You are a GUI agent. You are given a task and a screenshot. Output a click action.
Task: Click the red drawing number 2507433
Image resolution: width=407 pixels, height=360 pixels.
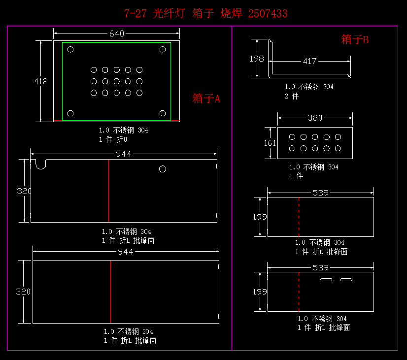268,14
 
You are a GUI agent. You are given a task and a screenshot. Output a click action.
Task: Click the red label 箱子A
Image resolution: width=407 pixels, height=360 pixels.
206,98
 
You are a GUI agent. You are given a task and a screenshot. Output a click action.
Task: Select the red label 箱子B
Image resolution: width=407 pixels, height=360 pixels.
355,40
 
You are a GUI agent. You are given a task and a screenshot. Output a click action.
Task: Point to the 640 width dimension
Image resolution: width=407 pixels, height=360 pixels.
116,33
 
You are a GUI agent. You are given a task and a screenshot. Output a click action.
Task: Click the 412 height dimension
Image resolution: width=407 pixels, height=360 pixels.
41,81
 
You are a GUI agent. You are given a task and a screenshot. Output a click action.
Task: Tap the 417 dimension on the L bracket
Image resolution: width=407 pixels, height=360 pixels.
309,61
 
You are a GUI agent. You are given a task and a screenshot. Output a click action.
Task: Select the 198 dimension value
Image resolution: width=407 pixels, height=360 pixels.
257,59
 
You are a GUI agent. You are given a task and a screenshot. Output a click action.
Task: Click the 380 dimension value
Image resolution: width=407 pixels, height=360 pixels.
315,118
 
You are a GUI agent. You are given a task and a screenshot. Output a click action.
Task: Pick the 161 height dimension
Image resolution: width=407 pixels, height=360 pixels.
270,143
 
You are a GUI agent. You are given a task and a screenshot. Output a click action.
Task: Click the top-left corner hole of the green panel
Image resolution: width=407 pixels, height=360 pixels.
70,49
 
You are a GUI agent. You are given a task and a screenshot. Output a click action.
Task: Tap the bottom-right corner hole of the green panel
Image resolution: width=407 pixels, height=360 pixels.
163,113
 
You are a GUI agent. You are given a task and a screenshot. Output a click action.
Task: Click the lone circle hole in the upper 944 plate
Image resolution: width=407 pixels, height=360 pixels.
163,169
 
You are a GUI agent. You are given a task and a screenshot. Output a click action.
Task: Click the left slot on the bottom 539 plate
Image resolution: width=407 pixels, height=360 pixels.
327,280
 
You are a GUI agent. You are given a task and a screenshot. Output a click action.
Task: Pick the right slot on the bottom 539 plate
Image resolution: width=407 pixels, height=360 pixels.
346,280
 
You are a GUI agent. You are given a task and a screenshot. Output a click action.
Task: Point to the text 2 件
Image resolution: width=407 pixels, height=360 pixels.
292,96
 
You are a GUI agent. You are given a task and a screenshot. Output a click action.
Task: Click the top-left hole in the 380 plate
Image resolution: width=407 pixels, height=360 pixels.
292,137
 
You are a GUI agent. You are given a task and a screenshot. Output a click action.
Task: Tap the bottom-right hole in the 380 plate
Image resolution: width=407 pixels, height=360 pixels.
338,148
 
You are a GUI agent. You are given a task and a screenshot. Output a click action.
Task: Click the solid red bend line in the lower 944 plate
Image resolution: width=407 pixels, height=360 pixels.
110,292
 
